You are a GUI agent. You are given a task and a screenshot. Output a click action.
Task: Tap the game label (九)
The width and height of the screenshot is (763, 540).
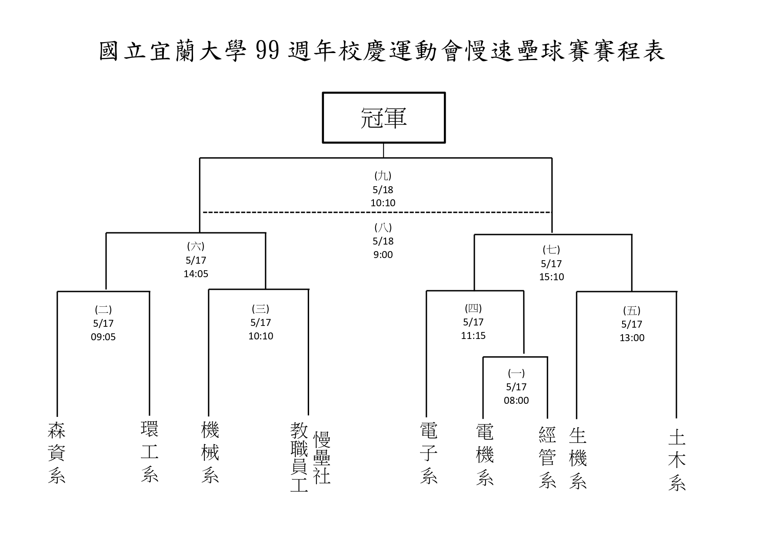pos(383,176)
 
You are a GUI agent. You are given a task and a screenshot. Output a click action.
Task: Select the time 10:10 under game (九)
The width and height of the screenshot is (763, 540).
pos(383,203)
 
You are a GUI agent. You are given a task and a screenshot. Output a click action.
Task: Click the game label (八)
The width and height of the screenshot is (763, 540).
pos(383,228)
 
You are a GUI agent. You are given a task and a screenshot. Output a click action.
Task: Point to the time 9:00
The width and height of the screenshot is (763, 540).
pos(383,255)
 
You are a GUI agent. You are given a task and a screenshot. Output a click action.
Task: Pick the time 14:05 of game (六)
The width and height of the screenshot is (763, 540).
pos(196,274)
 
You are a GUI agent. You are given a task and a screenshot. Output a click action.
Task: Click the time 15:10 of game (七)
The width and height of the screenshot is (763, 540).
pos(552,277)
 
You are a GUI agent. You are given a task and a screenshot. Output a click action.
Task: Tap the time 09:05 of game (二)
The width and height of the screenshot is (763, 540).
pos(103,337)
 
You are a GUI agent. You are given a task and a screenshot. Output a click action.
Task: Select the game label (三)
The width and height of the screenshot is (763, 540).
pos(260,309)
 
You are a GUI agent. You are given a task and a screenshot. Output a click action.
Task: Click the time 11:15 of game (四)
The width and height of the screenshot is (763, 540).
pos(473,335)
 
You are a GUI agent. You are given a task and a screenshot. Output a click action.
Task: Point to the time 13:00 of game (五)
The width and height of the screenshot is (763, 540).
pos(632,338)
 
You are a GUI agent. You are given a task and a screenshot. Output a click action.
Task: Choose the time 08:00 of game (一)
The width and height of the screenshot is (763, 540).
pos(516,400)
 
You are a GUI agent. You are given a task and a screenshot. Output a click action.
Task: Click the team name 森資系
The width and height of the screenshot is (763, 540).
pos(57,453)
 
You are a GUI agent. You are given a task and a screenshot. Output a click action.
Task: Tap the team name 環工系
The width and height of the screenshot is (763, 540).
pos(150,451)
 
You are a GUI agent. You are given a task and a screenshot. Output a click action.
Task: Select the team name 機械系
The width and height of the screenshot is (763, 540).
pos(210,452)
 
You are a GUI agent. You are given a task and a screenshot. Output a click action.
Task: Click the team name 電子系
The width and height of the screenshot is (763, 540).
pos(429,453)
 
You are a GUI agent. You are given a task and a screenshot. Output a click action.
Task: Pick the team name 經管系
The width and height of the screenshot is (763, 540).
pos(547,457)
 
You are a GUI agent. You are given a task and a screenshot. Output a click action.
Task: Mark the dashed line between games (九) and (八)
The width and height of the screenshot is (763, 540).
pos(377,212)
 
